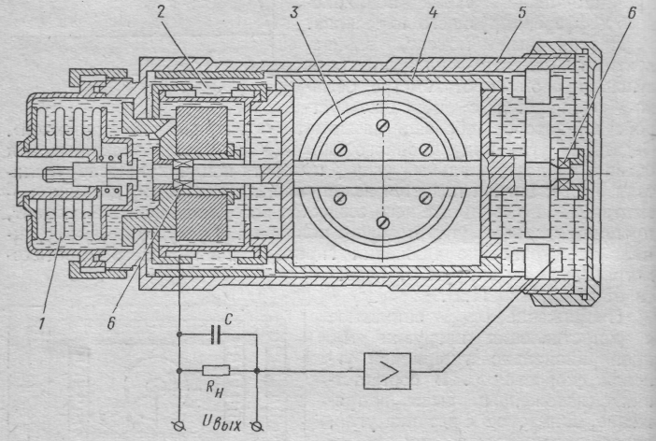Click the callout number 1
pos(42,323)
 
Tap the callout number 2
pos(162,12)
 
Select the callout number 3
pos(294,12)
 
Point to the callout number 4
pos(433,12)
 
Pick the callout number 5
pos(521,12)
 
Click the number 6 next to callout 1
pos(111,323)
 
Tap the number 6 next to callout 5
pos(632,13)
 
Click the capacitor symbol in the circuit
pos(216,334)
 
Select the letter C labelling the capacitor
pos(228,320)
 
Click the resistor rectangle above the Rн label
pos(216,370)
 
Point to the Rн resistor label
pos(215,389)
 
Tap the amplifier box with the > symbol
pos(387,371)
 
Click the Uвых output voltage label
pos(221,423)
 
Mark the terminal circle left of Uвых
pos(180,426)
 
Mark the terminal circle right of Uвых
pos(257,426)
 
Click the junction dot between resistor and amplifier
pos(257,371)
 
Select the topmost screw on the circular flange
pos(383,125)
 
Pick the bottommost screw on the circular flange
pos(383,222)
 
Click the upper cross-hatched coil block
pos(201,130)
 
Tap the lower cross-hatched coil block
pos(201,218)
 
